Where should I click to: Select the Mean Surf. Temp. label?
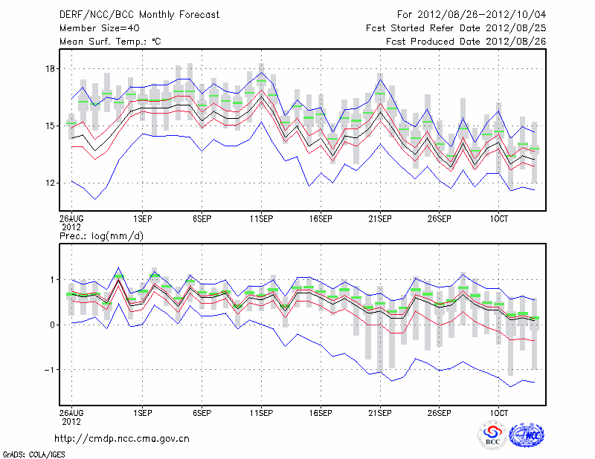tap(109, 42)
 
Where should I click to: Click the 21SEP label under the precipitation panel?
tap(380, 411)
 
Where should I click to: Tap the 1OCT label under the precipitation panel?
tap(498, 411)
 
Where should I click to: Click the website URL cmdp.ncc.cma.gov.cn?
tap(122, 438)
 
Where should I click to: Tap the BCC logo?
tap(492, 434)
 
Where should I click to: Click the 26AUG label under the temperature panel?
tap(71, 219)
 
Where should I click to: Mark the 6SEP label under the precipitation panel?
tap(202, 411)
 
